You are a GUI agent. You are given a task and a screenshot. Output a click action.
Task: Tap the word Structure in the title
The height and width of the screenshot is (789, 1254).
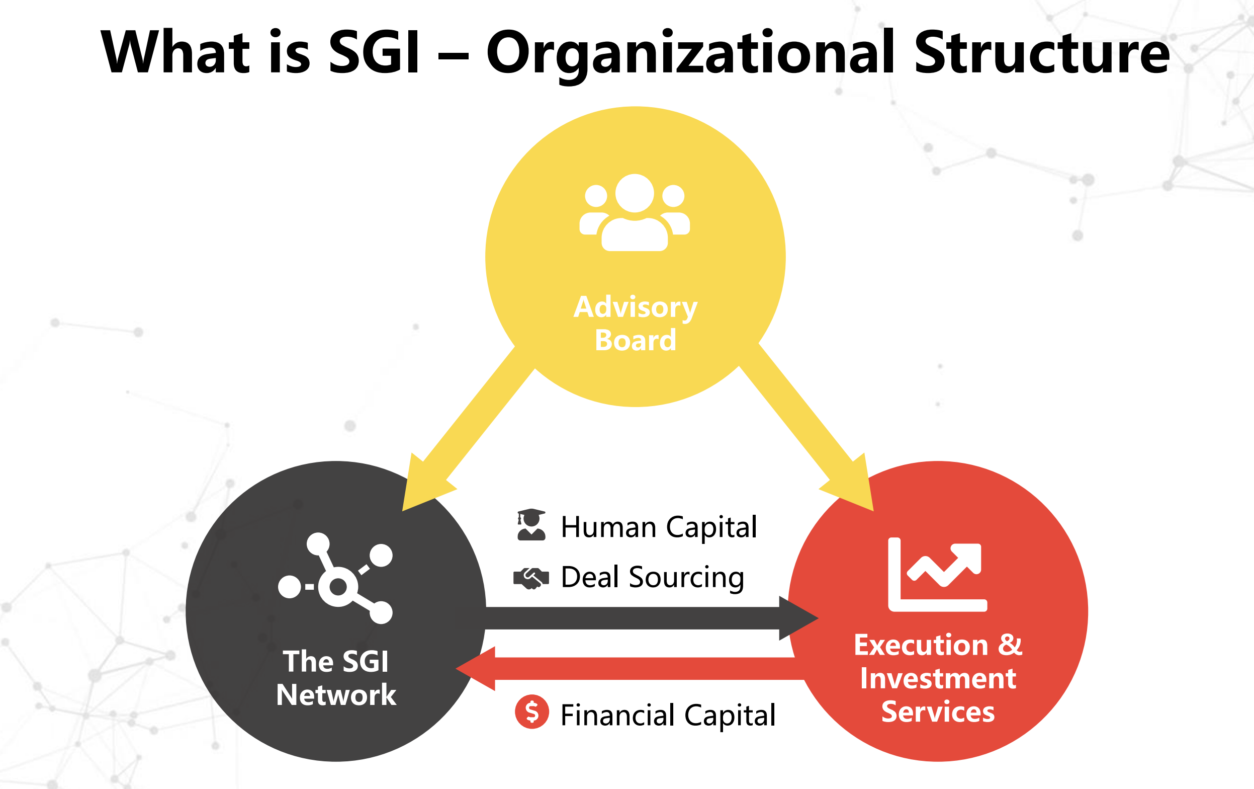pos(1041,52)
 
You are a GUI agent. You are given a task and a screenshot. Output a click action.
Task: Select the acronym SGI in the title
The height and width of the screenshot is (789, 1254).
pos(374,52)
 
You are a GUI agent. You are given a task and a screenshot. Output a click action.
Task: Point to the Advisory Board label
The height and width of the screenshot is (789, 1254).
pos(636,324)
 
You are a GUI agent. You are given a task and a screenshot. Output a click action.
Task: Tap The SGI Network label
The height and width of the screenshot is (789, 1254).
pos(336,678)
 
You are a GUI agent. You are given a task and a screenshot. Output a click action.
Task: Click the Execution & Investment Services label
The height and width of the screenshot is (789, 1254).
pos(938,678)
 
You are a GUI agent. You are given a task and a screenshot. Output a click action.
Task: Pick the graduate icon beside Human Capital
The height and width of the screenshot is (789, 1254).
pos(531,525)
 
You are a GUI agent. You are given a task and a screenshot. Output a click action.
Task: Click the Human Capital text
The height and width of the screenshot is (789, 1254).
pos(659,527)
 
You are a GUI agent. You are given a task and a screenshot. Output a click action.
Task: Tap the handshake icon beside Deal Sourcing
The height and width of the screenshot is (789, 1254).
pos(531,578)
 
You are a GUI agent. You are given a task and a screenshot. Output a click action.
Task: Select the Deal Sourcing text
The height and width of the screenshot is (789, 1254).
pos(653,578)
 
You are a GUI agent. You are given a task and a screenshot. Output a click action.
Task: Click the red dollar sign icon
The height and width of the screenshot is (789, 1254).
pos(531,712)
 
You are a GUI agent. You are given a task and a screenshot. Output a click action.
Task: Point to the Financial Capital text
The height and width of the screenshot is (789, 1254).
pos(668,715)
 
